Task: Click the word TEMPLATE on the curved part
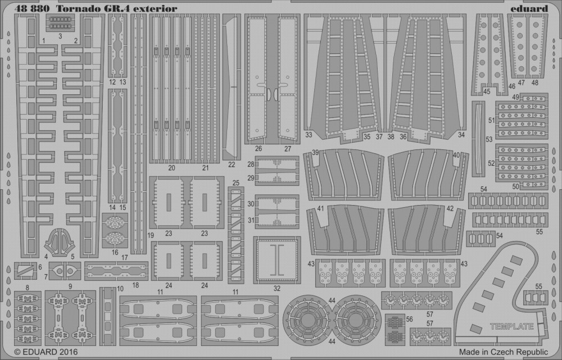pos(511,326)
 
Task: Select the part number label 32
pos(277,288)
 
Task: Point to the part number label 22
pos(232,165)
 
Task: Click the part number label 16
pos(115,253)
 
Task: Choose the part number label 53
pos(489,139)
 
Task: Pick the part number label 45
pos(486,92)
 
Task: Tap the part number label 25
pos(235,183)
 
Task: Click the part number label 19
pos(151,235)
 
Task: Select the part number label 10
pos(120,289)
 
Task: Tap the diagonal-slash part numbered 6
pos(25,271)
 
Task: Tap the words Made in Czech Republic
pos(503,352)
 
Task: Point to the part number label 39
pos(315,153)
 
